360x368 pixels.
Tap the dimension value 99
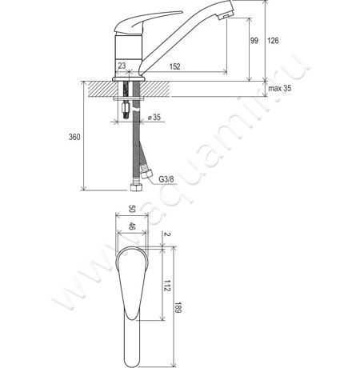pyautogui.click(x=254, y=41)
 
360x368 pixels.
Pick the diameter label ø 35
pyautogui.click(x=155, y=117)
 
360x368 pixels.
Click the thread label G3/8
pyautogui.click(x=167, y=178)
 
